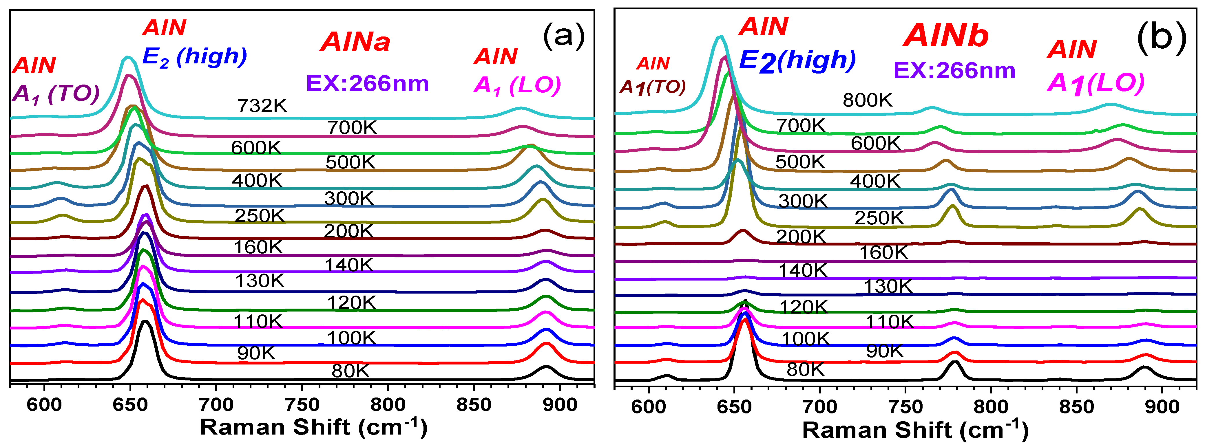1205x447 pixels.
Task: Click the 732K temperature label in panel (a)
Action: point(262,106)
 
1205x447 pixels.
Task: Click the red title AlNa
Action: point(355,42)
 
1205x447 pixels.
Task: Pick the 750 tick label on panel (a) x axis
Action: point(302,404)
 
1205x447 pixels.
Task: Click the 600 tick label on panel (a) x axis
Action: point(44,404)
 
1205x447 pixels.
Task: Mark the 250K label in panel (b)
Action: point(879,218)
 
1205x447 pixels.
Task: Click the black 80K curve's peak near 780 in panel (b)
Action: point(955,362)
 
